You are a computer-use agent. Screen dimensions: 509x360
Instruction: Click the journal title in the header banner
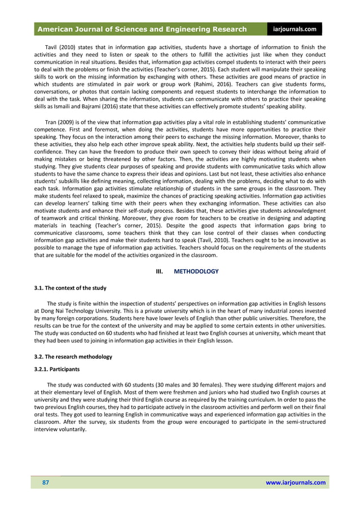point(142,29)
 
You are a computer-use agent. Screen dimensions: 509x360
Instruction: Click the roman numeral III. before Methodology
point(160,271)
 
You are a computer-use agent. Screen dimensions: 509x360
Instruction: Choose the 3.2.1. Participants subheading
point(57,370)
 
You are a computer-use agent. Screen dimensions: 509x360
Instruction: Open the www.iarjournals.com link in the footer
point(295,482)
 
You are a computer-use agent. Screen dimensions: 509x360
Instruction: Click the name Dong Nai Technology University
point(84,311)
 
